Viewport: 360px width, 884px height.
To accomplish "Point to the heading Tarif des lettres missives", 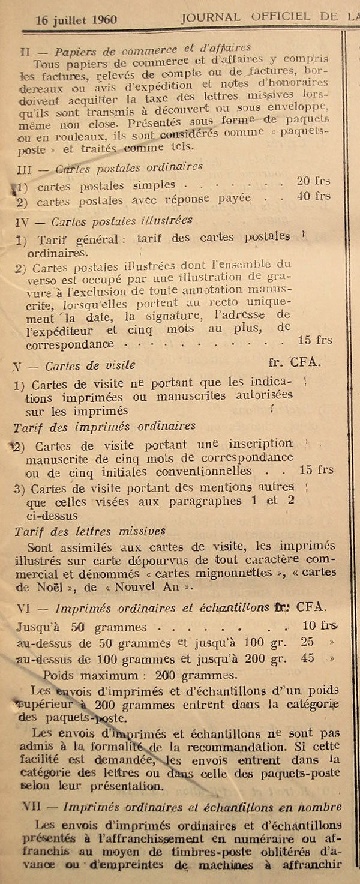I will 89,531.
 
